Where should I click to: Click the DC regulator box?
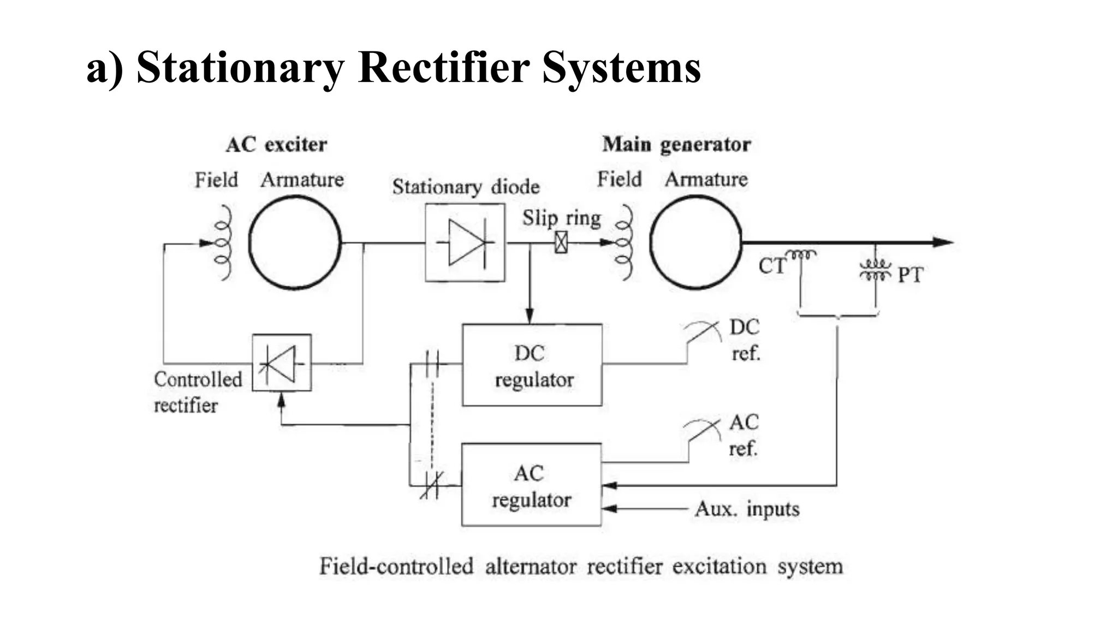pyautogui.click(x=532, y=365)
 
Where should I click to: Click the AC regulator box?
pyautogui.click(x=531, y=485)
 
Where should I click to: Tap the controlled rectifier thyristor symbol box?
pyautogui.click(x=282, y=363)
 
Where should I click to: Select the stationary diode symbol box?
pyautogui.click(x=465, y=243)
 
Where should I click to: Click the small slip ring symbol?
pyautogui.click(x=561, y=242)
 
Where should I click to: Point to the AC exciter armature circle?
pyautogui.click(x=295, y=242)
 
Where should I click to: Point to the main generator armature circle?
pyautogui.click(x=695, y=242)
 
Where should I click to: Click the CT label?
pyautogui.click(x=771, y=266)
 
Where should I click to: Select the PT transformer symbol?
pyautogui.click(x=875, y=270)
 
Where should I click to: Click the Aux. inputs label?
pyautogui.click(x=747, y=509)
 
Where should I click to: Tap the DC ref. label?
pyautogui.click(x=745, y=340)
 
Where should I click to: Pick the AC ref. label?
pyautogui.click(x=744, y=435)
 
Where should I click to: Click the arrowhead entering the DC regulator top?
pyautogui.click(x=529, y=316)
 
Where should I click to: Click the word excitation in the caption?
pyautogui.click(x=719, y=566)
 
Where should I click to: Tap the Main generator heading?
pyautogui.click(x=676, y=145)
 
